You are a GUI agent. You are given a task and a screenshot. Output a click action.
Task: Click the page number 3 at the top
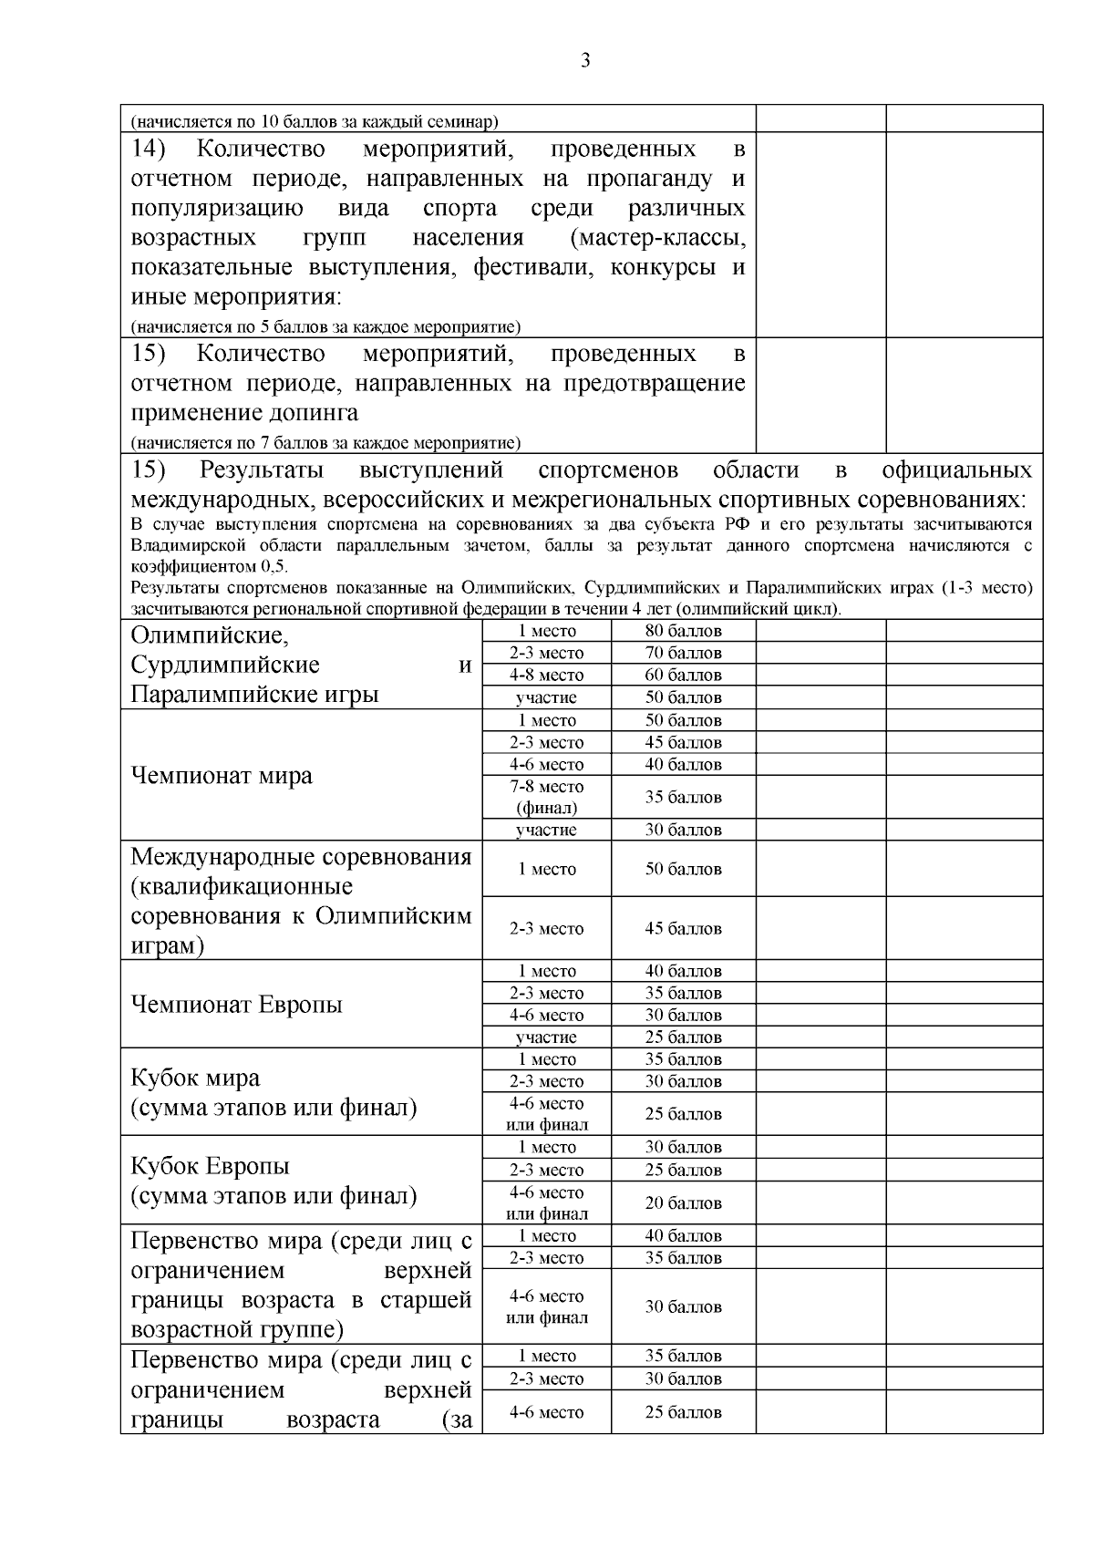click(x=584, y=61)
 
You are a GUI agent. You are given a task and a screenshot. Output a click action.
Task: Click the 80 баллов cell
click(x=683, y=631)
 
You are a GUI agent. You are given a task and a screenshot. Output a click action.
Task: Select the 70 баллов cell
click(x=683, y=653)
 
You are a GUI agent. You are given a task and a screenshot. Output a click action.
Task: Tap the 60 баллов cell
click(x=683, y=676)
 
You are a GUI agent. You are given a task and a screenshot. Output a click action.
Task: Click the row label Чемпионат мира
click(x=222, y=776)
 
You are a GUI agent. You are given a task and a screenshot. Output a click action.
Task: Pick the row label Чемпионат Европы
click(x=237, y=1005)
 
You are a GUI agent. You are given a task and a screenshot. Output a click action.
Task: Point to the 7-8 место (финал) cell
click(x=546, y=797)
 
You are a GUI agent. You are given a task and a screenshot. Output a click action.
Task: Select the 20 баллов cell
click(x=683, y=1203)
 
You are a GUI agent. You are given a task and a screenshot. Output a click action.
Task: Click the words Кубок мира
click(x=195, y=1078)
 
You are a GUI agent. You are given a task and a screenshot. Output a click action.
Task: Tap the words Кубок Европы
click(x=210, y=1167)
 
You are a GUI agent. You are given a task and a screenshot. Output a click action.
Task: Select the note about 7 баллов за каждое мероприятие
click(x=325, y=444)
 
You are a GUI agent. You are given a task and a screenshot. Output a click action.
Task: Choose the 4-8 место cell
click(x=546, y=676)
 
